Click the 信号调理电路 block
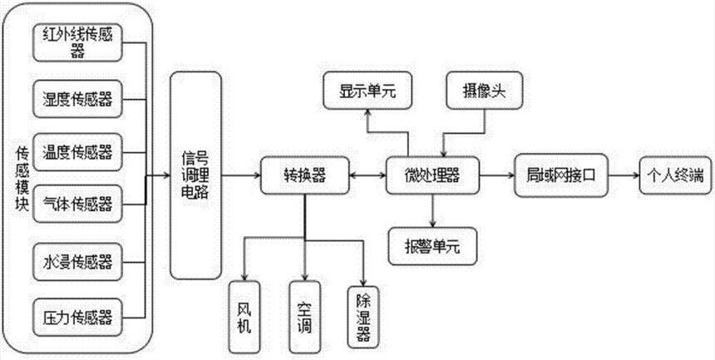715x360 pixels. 196,175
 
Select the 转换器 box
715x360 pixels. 303,176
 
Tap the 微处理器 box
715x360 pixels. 433,176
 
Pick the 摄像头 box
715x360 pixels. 482,91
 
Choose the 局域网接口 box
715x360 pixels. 562,176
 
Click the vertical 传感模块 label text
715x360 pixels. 23,180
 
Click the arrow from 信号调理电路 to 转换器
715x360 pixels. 240,176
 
